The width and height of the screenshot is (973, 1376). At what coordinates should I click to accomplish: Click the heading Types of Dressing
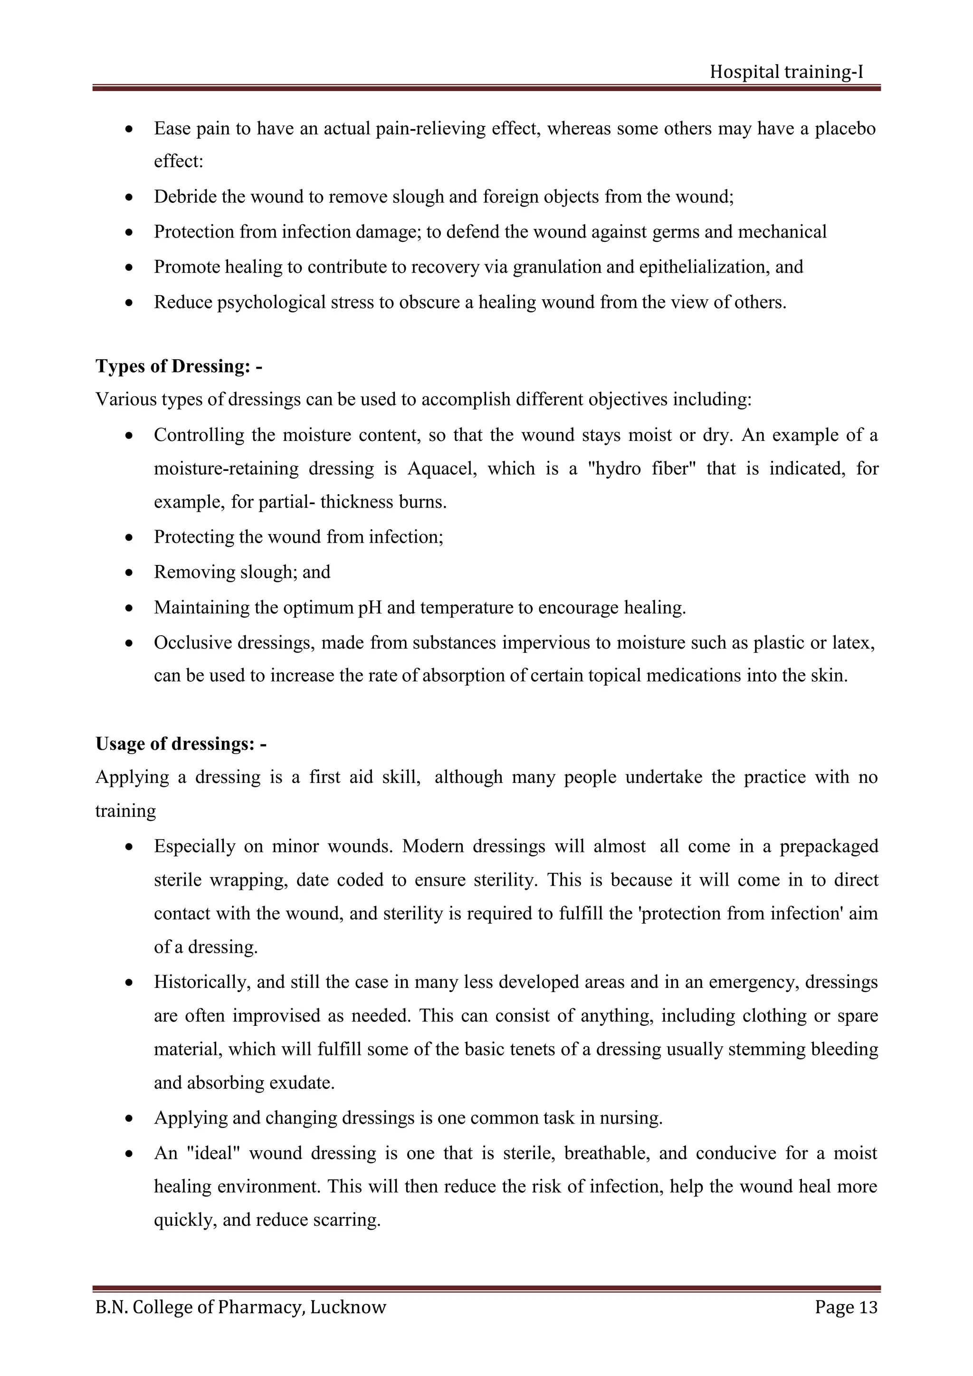click(179, 366)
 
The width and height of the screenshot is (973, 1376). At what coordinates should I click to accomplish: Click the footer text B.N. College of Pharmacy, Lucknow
click(241, 1307)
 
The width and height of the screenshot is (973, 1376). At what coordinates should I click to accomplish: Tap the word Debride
click(185, 197)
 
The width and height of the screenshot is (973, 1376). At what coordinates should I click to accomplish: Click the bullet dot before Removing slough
click(129, 573)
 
